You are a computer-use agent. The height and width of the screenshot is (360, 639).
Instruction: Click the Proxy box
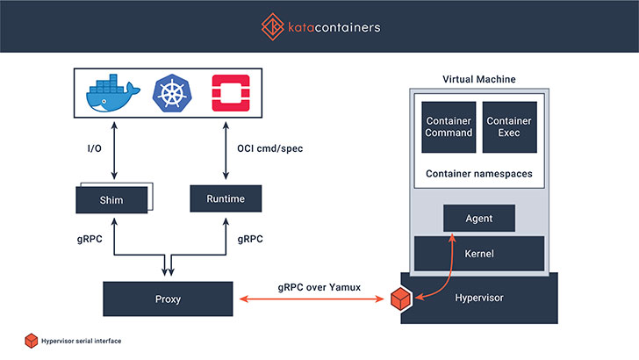coord(168,299)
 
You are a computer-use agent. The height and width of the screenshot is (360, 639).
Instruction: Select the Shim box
coord(111,200)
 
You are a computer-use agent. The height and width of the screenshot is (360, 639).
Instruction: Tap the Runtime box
coord(226,198)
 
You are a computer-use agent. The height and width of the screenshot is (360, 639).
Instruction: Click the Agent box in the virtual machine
coord(479,218)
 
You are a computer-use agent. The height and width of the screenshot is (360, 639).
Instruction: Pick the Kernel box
coord(479,254)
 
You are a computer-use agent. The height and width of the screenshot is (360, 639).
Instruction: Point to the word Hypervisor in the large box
coord(479,298)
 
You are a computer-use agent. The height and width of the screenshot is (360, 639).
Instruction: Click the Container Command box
coord(449,127)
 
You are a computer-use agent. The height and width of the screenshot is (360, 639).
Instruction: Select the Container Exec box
coord(509,127)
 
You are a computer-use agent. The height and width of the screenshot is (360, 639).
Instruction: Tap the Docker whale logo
coord(113,93)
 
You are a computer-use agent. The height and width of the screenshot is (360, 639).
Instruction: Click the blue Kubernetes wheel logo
coord(172,93)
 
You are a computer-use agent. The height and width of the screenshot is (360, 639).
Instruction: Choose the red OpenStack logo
coord(231,93)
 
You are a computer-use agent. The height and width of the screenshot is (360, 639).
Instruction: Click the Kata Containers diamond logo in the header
coord(273,27)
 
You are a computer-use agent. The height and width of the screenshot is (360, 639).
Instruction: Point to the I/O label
coord(95,148)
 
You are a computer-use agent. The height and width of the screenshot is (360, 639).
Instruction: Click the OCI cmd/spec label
coord(270,148)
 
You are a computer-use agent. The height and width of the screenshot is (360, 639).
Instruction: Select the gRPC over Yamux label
coord(319,287)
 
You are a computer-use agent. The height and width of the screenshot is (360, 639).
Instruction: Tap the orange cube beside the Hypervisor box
coord(400,299)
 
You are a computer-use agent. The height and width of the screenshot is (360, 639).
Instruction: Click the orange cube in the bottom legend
coord(32,341)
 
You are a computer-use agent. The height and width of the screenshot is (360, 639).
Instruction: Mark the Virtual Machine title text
coord(479,79)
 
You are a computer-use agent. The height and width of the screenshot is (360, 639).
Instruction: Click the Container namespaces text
coord(479,174)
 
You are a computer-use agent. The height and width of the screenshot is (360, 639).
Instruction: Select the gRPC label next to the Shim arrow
coord(90,239)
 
